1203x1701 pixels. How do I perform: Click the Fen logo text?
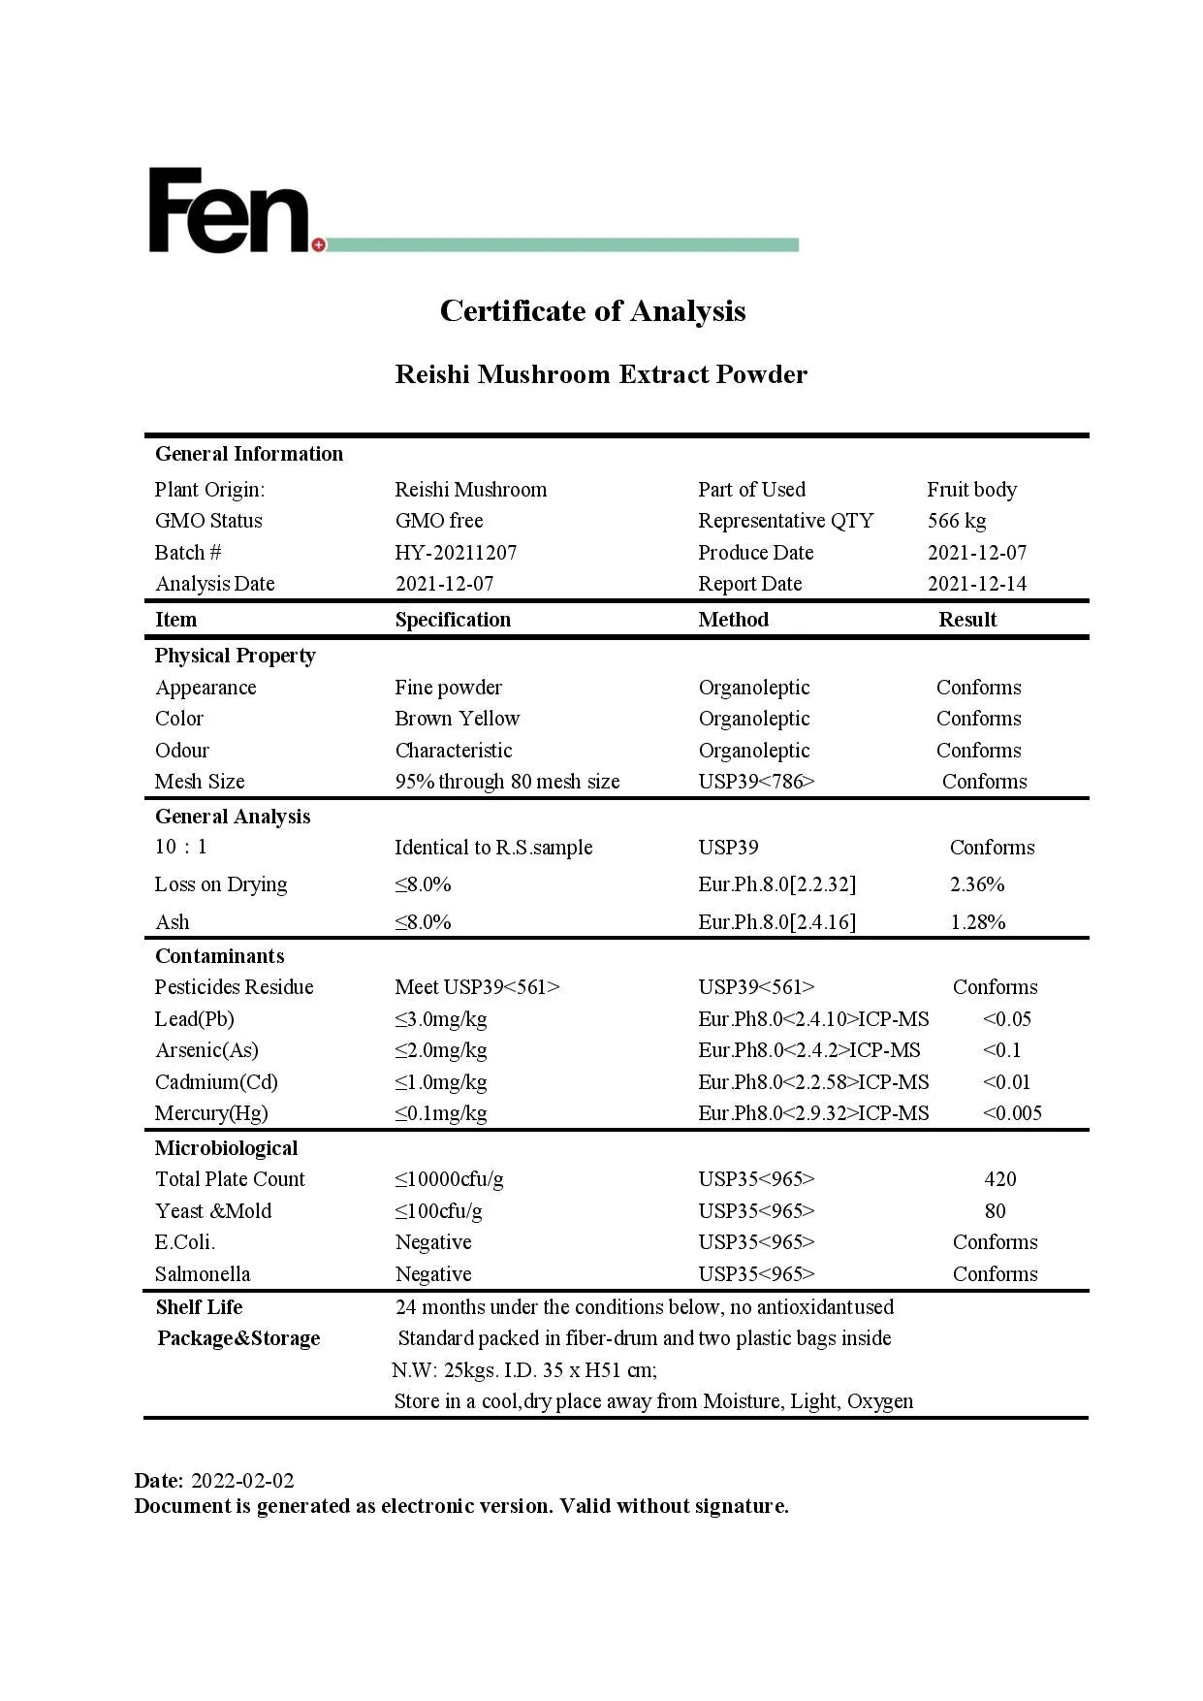[229, 210]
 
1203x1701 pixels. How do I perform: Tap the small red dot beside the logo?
[319, 244]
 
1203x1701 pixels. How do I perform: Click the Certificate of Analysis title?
[592, 310]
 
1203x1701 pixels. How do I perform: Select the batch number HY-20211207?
[456, 553]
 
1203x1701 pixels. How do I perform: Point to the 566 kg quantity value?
[956, 521]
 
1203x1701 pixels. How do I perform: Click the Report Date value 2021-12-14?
[976, 584]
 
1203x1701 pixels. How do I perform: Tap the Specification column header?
[453, 620]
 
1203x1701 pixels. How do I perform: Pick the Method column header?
[733, 620]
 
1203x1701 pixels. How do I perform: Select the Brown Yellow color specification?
[457, 719]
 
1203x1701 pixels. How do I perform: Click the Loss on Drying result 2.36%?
[976, 884]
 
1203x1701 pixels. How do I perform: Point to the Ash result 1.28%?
[977, 922]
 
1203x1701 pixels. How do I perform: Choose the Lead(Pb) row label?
[194, 1019]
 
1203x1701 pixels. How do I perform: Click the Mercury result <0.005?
[1011, 1113]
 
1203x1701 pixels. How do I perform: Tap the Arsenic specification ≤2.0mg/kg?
[440, 1050]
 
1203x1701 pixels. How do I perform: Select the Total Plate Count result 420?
[999, 1179]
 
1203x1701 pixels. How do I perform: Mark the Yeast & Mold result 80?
[995, 1211]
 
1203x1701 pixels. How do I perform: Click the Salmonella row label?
[202, 1274]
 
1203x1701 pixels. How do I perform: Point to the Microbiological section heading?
[226, 1148]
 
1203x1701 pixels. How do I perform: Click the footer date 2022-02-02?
[242, 1481]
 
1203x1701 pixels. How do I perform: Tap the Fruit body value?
[971, 490]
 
